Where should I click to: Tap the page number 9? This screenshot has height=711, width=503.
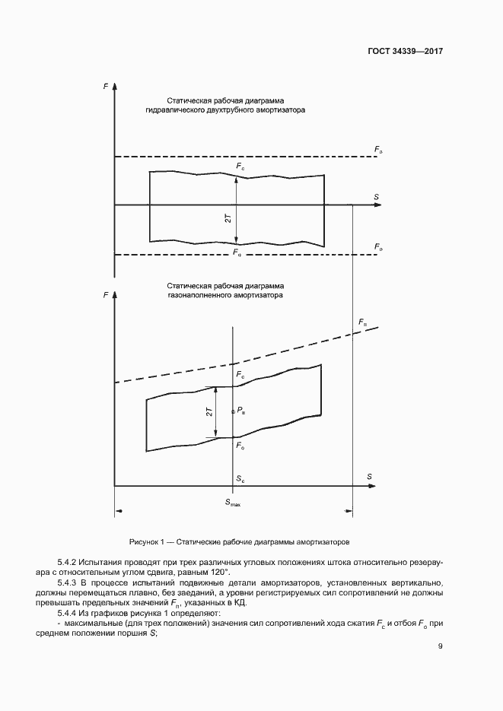[x=441, y=647]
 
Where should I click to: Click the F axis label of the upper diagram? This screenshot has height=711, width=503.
[x=105, y=88]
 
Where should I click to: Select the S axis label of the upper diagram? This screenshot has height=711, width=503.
[x=376, y=198]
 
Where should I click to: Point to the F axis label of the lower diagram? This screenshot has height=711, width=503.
[x=105, y=293]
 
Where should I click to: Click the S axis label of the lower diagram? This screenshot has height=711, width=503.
[x=370, y=477]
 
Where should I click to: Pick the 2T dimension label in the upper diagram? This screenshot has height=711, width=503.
[x=228, y=218]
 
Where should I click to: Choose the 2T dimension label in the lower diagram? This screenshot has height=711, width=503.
[x=209, y=412]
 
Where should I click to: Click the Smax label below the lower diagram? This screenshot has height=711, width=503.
[x=233, y=503]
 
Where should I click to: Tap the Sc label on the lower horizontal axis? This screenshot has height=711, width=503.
[x=240, y=480]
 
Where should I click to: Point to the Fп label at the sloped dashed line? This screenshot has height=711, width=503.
[x=362, y=322]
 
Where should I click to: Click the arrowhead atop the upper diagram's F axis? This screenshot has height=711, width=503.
[x=114, y=88]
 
